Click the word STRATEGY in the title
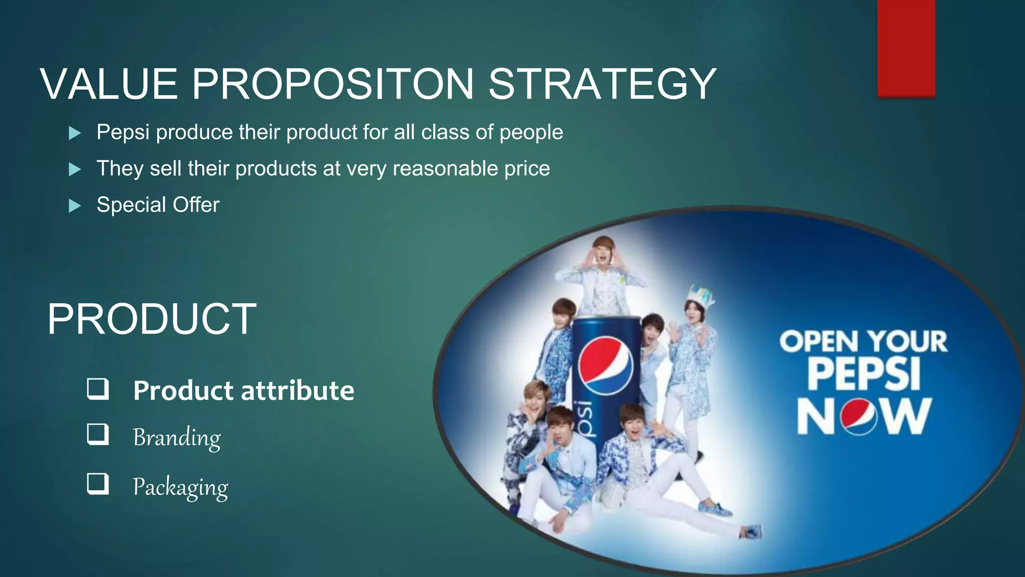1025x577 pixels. pyautogui.click(x=602, y=84)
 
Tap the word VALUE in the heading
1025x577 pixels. pyautogui.click(x=109, y=84)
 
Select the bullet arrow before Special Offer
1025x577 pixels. pyautogui.click(x=75, y=205)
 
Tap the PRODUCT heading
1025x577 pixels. pyautogui.click(x=152, y=319)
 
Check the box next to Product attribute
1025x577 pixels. pyautogui.click(x=98, y=389)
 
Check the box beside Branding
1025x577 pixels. pyautogui.click(x=98, y=434)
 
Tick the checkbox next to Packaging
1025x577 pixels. pyautogui.click(x=98, y=484)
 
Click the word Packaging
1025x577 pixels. pyautogui.click(x=180, y=487)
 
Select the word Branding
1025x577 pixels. pyautogui.click(x=176, y=438)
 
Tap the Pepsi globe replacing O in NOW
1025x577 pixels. pyautogui.click(x=859, y=417)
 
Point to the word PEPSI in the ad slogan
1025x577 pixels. pyautogui.click(x=864, y=375)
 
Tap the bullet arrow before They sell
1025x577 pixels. pyautogui.click(x=75, y=169)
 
